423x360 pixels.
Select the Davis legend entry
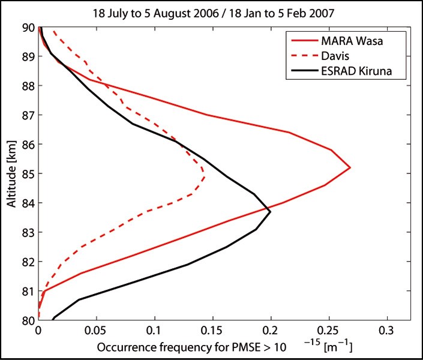point(335,56)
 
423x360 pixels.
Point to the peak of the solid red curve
point(350,168)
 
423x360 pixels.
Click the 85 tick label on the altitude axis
point(28,174)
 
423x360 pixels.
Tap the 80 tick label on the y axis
point(28,320)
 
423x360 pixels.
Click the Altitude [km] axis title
point(12,174)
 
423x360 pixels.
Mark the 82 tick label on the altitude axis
point(28,262)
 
